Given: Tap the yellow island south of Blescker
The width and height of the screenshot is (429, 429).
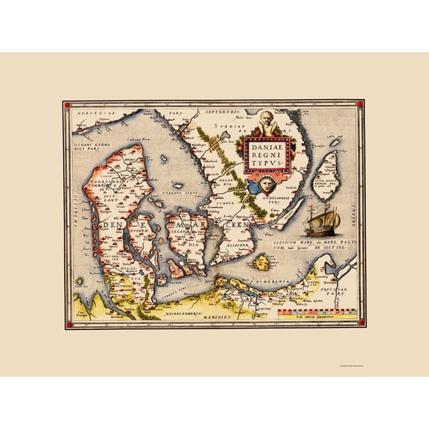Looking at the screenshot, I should click(261, 262).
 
